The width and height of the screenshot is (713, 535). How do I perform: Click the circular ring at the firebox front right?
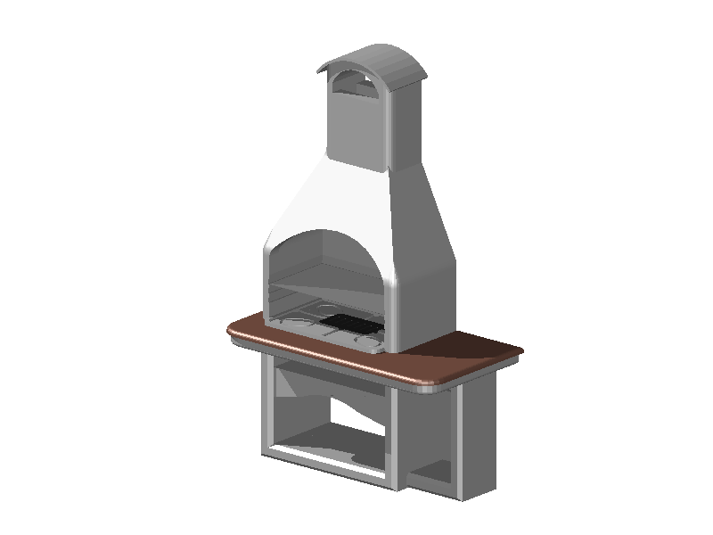[367, 340]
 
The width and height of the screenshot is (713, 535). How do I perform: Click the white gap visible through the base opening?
[356, 412]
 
